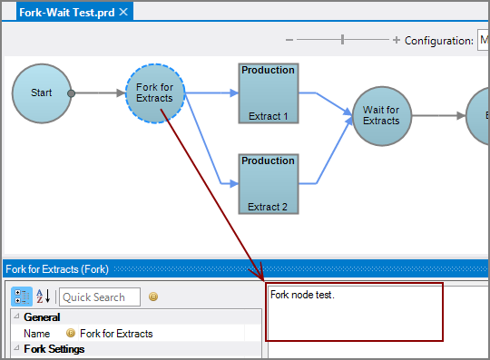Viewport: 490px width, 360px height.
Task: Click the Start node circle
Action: coord(42,93)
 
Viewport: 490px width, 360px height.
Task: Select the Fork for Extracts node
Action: coord(155,93)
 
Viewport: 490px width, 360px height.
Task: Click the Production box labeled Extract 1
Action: coord(269,93)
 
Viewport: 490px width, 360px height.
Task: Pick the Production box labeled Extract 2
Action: coord(269,183)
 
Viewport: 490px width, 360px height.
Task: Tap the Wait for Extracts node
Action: coord(381,116)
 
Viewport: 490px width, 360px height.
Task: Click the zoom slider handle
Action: coord(342,39)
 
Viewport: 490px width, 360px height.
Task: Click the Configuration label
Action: coord(438,40)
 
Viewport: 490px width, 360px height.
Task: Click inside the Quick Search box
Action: coord(100,297)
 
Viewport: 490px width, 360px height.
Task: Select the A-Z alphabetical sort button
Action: coord(43,297)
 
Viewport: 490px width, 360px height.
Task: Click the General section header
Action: coord(42,317)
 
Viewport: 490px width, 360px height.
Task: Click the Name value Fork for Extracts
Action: coord(116,334)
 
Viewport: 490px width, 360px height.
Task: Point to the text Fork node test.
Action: coord(302,296)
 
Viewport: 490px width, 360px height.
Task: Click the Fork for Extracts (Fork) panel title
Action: coord(57,269)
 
